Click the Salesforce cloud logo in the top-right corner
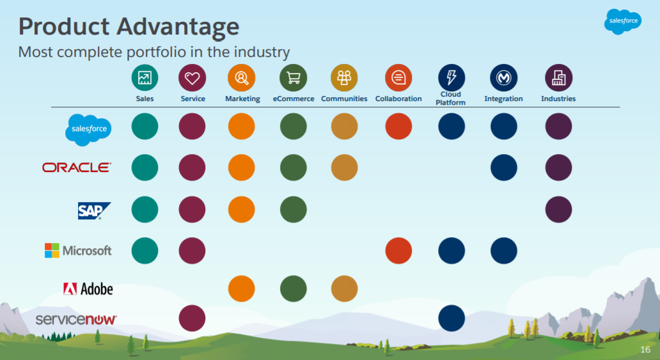coord(622,22)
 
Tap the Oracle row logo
coord(76,168)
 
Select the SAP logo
coord(94,210)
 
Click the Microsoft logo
coord(78,251)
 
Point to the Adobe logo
coord(88,289)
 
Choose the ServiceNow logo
coord(76,318)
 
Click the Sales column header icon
coord(145,78)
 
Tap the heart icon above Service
coord(192,78)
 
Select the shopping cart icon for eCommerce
coord(293,78)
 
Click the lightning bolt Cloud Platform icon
coord(451,77)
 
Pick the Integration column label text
coord(503,99)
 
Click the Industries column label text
coord(558,99)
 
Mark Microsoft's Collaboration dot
coord(398,251)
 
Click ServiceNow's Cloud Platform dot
coord(452,318)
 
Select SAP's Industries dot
coord(558,210)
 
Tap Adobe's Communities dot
coord(344,288)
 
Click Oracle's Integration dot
coord(503,168)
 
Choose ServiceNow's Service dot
coord(192,318)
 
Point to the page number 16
coord(645,350)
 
